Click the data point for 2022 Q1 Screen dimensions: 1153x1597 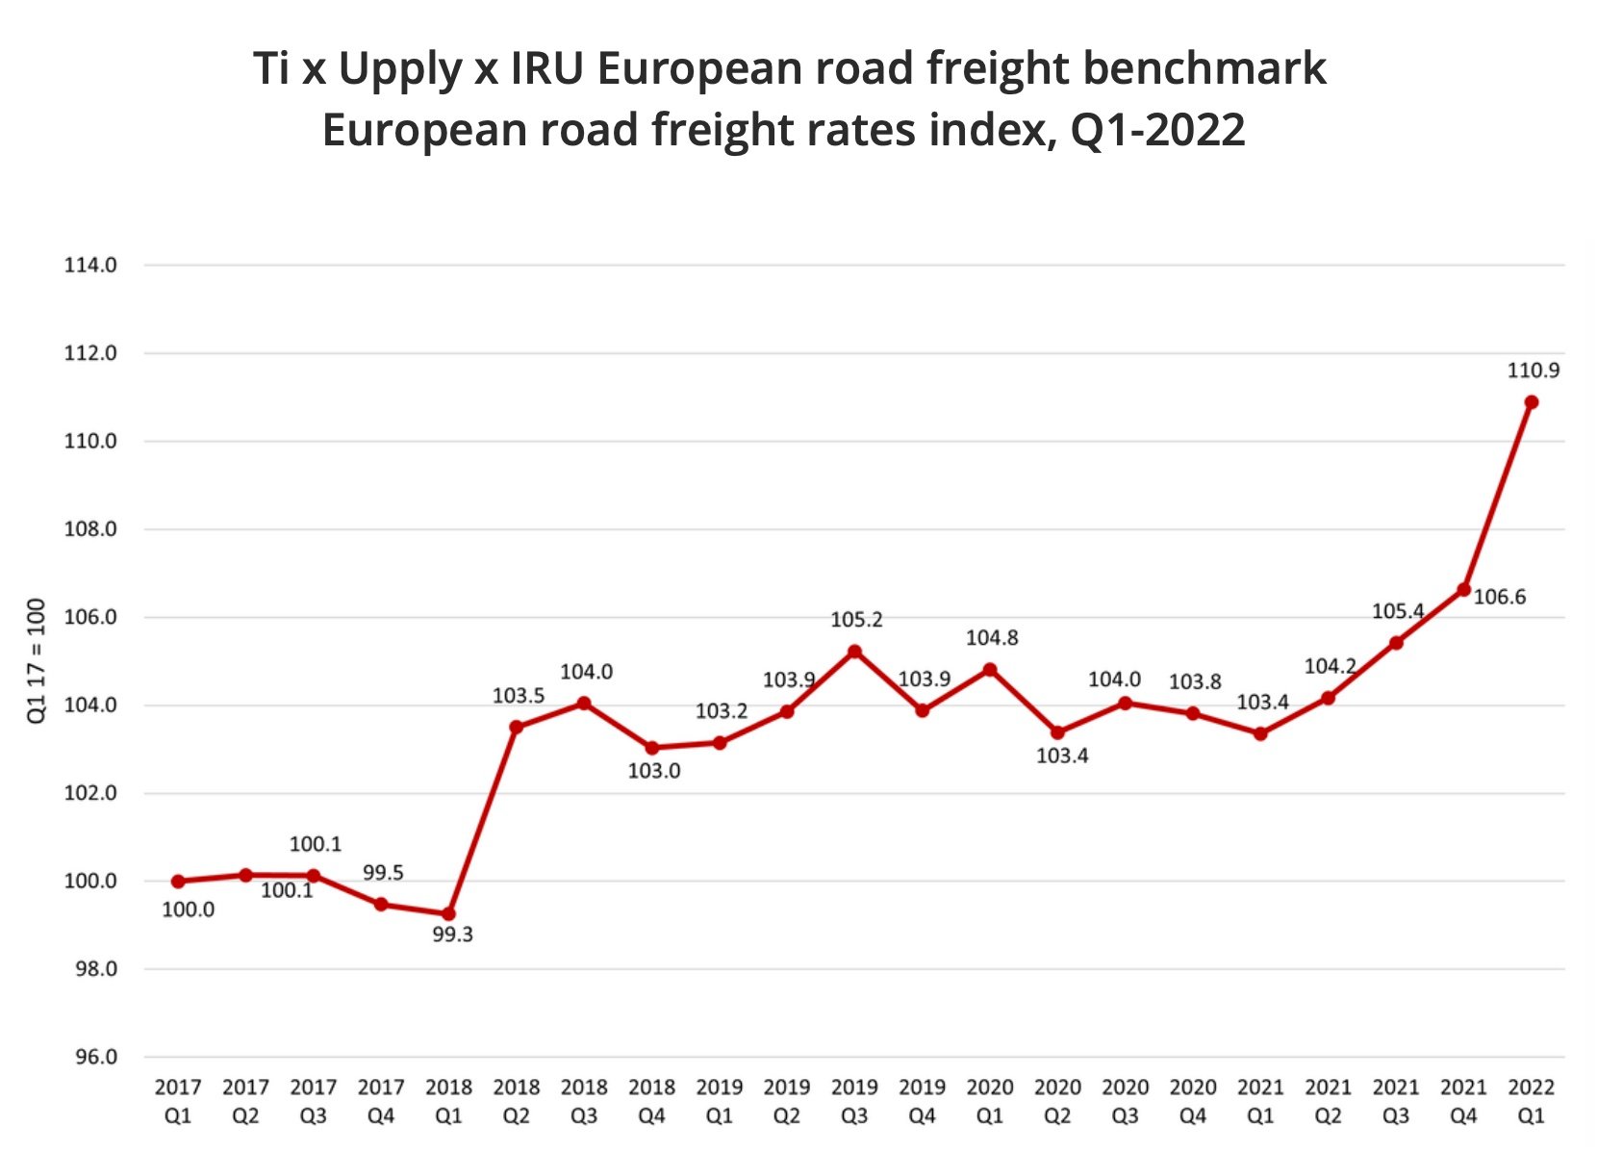pyautogui.click(x=1531, y=402)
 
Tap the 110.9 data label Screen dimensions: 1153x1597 pyautogui.click(x=1533, y=371)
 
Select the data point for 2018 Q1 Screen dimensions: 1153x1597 pyautogui.click(x=448, y=913)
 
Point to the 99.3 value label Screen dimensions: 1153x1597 pyautogui.click(x=452, y=935)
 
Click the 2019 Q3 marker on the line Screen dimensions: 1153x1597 pyautogui.click(x=854, y=652)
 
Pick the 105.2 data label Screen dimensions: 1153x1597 pyautogui.click(x=856, y=621)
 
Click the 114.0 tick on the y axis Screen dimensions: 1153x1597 pyautogui.click(x=90, y=266)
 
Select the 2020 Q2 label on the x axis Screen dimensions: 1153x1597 pyautogui.click(x=1057, y=1102)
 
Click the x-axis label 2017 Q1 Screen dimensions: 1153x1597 pyautogui.click(x=178, y=1102)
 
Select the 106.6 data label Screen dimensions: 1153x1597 pyautogui.click(x=1500, y=598)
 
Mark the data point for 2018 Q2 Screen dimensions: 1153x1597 pyautogui.click(x=517, y=727)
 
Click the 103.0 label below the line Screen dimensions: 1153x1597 pyautogui.click(x=654, y=772)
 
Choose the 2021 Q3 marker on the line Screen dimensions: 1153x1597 pyautogui.click(x=1396, y=643)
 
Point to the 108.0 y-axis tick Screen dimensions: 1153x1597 pyautogui.click(x=90, y=529)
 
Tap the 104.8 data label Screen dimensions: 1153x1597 pyautogui.click(x=992, y=638)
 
